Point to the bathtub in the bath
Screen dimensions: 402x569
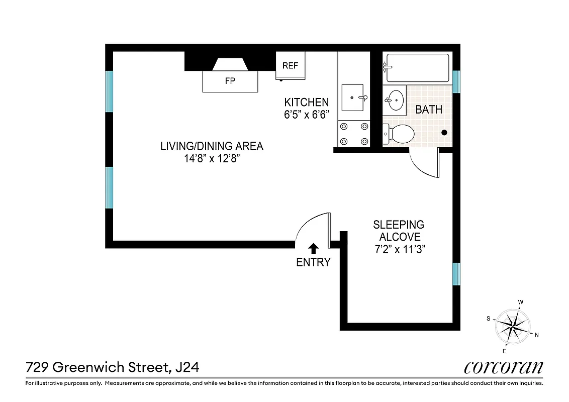(x=417, y=68)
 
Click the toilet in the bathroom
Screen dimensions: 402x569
(x=399, y=134)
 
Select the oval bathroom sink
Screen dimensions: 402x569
(x=396, y=100)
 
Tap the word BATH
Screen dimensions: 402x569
(x=429, y=109)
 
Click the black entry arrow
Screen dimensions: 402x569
(x=313, y=248)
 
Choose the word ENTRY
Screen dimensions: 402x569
(x=313, y=262)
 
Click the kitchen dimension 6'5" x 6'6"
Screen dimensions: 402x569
(x=307, y=114)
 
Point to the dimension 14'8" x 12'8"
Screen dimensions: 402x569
(x=212, y=158)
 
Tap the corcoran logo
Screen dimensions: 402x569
(x=503, y=367)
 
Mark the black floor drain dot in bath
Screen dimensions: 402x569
(x=444, y=133)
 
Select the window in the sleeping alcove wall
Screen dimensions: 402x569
(x=456, y=274)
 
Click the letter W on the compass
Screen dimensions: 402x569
(x=521, y=302)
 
